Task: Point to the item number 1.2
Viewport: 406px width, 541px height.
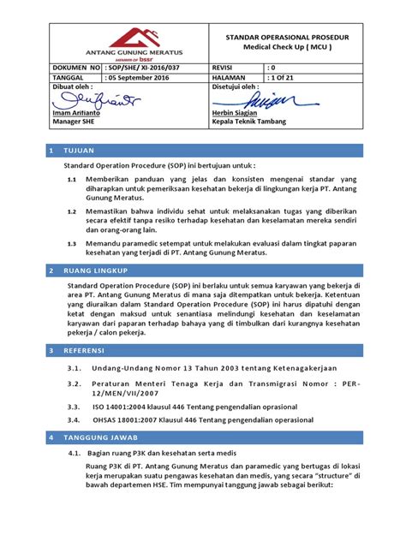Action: [72, 208]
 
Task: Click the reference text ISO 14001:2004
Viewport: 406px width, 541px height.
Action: [122, 406]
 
